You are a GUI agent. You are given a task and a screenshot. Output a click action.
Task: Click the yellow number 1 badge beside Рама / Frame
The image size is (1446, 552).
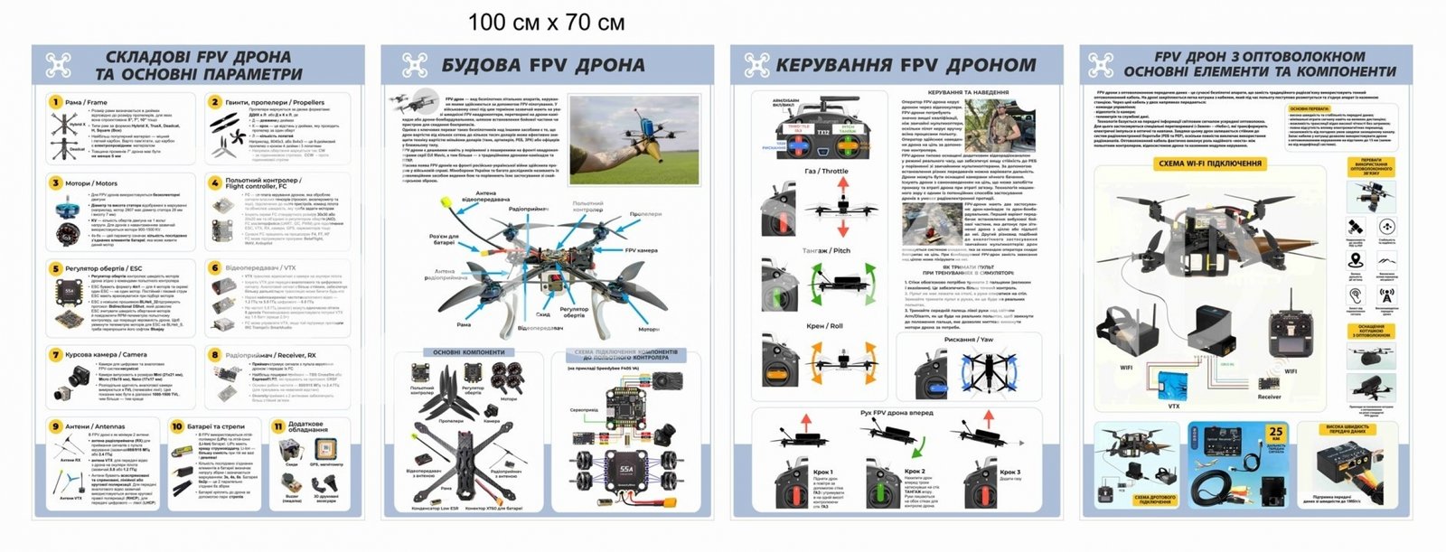coord(55,102)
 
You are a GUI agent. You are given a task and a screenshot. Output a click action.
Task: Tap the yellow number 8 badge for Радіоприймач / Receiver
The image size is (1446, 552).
coord(215,355)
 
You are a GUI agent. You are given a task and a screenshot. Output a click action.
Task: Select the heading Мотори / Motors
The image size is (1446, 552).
coord(90,183)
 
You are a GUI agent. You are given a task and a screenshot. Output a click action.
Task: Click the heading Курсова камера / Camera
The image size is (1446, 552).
coord(106,355)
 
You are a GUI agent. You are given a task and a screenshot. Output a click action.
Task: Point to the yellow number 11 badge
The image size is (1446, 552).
coord(278,426)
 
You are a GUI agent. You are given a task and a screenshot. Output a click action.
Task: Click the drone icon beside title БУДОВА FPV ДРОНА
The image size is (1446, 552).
coord(415,65)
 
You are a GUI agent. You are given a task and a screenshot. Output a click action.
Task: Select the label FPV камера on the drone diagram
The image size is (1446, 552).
coord(641,250)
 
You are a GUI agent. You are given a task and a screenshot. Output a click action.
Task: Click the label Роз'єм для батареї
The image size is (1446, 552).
coord(444,239)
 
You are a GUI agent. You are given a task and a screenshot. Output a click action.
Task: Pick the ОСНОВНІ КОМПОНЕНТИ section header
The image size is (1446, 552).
coord(468,352)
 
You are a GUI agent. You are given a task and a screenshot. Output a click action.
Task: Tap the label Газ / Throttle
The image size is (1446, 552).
coord(826,171)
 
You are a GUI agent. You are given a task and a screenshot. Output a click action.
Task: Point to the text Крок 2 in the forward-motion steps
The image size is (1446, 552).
coord(914,472)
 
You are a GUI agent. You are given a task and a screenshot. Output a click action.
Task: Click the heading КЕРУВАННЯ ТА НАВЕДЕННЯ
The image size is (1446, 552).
coord(968,92)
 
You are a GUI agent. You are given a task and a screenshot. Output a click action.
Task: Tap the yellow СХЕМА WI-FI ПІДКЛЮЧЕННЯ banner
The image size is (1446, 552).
coord(1209,164)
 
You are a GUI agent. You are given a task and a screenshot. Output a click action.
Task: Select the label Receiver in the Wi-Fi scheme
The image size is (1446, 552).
coord(1269,397)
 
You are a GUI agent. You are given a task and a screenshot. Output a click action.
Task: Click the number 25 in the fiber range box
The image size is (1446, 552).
coord(1275,432)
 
